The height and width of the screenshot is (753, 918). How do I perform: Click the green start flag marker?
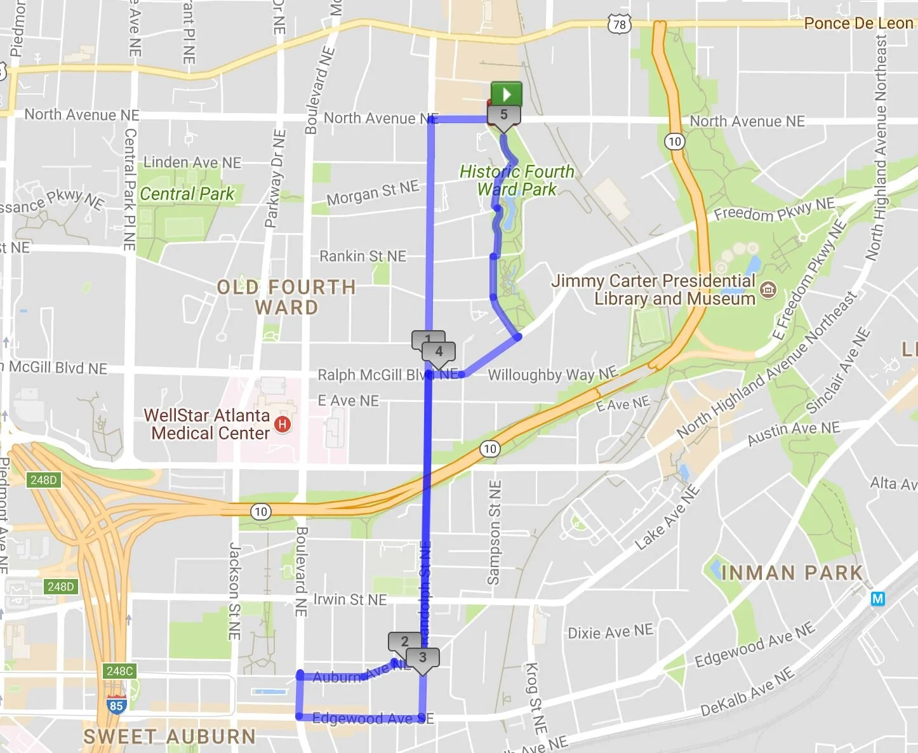click(506, 95)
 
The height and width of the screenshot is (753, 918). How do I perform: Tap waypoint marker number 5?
click(503, 116)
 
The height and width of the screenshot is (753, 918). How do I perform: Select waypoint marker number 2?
click(404, 642)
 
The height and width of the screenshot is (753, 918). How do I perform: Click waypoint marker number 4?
click(439, 352)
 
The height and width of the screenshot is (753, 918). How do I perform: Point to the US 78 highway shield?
click(619, 25)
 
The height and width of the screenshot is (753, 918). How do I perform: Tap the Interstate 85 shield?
click(116, 705)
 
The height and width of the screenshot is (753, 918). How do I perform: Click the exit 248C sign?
click(119, 671)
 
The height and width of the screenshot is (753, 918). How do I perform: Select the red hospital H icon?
click(283, 424)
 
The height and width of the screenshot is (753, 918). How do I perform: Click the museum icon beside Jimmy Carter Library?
click(768, 290)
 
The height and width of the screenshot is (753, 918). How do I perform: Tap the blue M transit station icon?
click(878, 598)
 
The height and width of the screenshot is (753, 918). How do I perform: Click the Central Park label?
click(187, 194)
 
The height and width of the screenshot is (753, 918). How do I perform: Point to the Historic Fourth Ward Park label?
click(517, 180)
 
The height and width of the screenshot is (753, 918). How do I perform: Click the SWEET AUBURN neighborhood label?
click(170, 736)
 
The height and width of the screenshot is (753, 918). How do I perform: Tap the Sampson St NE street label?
click(494, 532)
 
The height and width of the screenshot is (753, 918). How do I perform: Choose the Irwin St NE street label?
click(350, 599)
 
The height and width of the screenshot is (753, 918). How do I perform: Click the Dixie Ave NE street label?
click(609, 632)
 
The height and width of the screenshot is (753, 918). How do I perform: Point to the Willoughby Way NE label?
click(552, 375)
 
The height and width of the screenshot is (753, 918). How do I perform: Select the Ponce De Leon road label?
click(858, 23)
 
